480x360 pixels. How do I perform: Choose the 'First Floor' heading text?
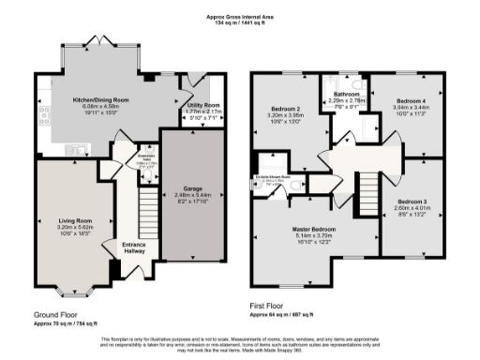(x=268, y=305)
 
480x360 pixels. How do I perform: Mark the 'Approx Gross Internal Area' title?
(x=240, y=16)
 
